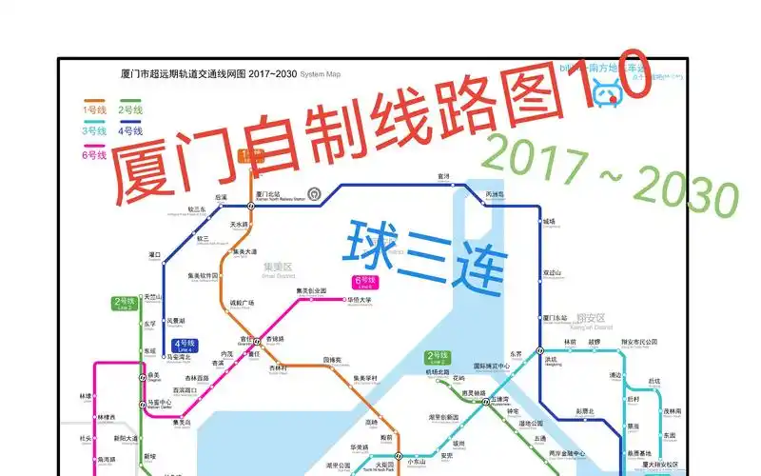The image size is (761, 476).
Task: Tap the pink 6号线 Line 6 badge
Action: pos(364,282)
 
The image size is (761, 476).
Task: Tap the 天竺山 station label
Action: pos(155,297)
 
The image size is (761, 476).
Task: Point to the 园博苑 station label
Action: pos(333,360)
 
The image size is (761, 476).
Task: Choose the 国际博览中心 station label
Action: pos(492,366)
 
